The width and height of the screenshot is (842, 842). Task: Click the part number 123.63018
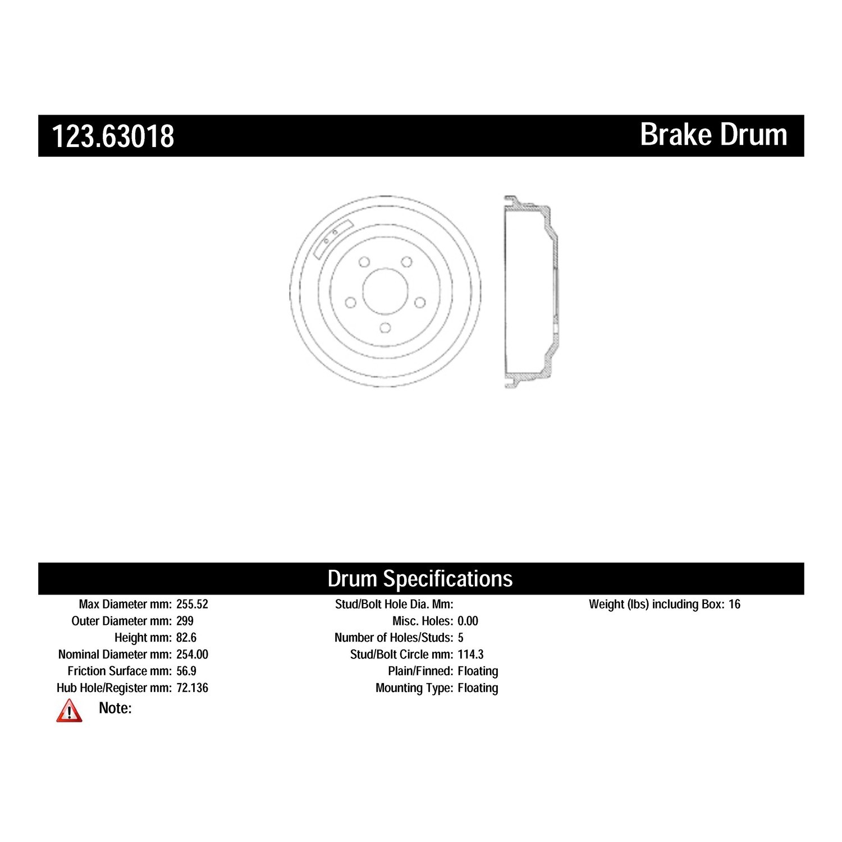click(x=113, y=136)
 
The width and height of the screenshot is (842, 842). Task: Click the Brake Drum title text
click(x=713, y=135)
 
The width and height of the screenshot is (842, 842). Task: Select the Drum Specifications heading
click(x=420, y=579)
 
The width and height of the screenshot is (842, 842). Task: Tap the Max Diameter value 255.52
click(x=192, y=605)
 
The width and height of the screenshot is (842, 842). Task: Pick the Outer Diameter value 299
click(x=185, y=621)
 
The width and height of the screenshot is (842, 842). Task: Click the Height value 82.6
click(x=186, y=638)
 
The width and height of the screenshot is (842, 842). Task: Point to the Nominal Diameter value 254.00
click(x=192, y=655)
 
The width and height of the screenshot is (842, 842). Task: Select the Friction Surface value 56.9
click(x=186, y=671)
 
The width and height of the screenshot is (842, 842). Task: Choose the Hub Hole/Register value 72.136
click(x=192, y=688)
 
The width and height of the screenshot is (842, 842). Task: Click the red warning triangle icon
click(x=69, y=711)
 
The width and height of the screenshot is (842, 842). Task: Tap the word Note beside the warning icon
click(x=115, y=708)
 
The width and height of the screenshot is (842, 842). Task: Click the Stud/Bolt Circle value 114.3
click(x=470, y=655)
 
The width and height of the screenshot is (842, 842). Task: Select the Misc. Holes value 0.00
click(x=468, y=621)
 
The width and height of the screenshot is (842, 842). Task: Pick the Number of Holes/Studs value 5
click(x=461, y=638)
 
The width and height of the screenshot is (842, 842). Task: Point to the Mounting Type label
click(x=414, y=688)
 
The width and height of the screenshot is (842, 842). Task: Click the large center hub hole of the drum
click(x=385, y=290)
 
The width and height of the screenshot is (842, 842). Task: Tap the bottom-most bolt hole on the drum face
click(x=385, y=327)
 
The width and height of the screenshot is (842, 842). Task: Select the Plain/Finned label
click(x=420, y=671)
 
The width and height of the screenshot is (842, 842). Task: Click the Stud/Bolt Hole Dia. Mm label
click(x=394, y=605)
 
